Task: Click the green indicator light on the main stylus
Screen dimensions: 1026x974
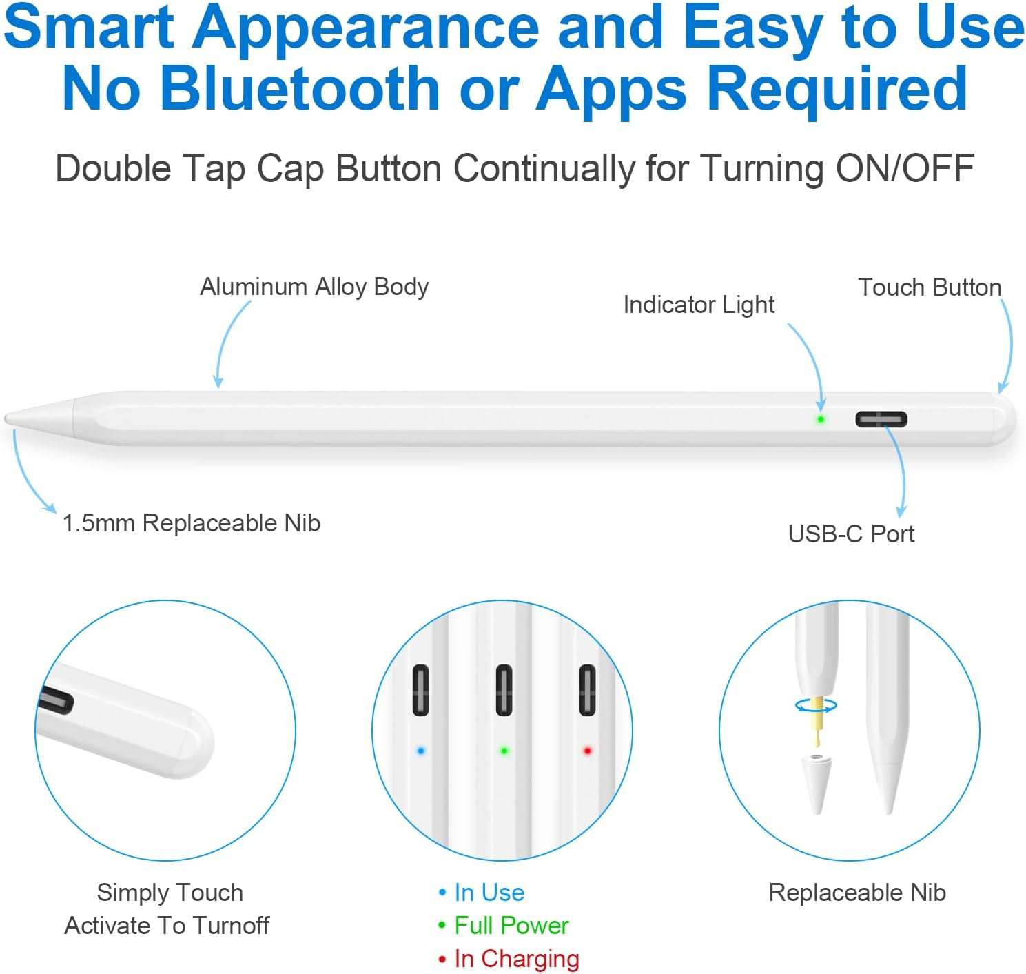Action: (x=821, y=419)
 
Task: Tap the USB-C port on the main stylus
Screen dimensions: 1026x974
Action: (x=881, y=419)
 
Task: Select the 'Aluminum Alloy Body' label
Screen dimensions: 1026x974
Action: (x=314, y=287)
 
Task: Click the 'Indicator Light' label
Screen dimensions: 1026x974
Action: (x=699, y=305)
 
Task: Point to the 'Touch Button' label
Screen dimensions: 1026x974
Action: (x=930, y=287)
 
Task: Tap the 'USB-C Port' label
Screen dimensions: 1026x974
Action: (x=851, y=534)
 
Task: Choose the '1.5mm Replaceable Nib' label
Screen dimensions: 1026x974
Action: (x=191, y=523)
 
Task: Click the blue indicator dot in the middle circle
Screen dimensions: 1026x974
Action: (x=421, y=751)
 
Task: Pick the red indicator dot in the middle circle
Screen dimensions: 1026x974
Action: (x=587, y=751)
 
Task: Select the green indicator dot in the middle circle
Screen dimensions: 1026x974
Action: (x=504, y=751)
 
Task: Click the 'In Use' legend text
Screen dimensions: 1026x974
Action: (x=489, y=893)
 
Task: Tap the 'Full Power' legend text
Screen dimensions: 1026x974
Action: (x=511, y=926)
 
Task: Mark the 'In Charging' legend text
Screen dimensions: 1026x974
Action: (x=517, y=959)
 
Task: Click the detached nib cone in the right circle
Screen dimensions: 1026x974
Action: (x=815, y=784)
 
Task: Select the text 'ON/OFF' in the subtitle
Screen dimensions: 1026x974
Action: (x=905, y=168)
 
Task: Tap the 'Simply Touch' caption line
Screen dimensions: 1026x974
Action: (x=170, y=893)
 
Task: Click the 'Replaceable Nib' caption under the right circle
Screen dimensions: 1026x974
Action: (x=857, y=893)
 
